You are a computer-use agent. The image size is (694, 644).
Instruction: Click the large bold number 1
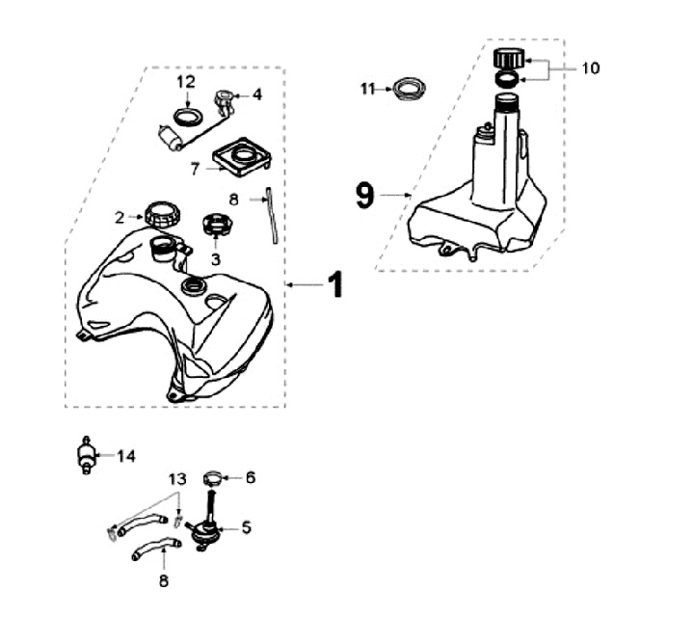334,285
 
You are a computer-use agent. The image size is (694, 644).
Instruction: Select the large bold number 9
364,196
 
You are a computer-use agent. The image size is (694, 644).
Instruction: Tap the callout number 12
186,82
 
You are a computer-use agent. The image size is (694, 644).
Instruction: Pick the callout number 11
367,89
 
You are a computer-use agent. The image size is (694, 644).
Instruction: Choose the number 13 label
175,478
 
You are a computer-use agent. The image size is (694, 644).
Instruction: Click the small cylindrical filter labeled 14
87,456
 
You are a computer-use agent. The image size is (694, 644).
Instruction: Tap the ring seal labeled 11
407,90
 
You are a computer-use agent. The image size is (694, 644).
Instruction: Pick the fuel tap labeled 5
204,528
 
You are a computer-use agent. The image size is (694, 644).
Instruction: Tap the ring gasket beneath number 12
186,118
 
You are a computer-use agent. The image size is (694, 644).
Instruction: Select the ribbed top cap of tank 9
507,55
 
